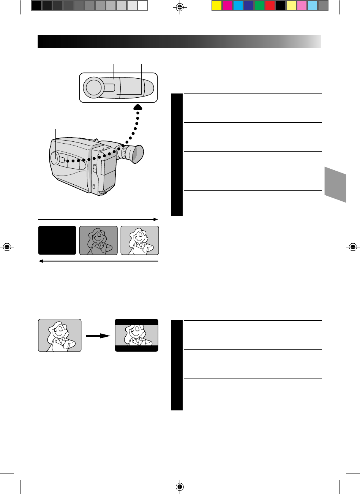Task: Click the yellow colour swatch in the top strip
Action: pos(216,5)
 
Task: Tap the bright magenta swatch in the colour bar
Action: pos(227,5)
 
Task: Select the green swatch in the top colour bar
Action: pos(259,5)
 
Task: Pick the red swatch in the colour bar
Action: pos(270,5)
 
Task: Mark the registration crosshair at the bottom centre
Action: pos(180,486)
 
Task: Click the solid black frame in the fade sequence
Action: pos(57,240)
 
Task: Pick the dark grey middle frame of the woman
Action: pos(98,240)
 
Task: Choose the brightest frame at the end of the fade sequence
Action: pos(140,240)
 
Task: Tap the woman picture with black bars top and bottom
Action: pos(136,335)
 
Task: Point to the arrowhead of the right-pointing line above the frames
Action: pos(155,219)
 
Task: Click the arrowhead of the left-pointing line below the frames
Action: pos(41,261)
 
